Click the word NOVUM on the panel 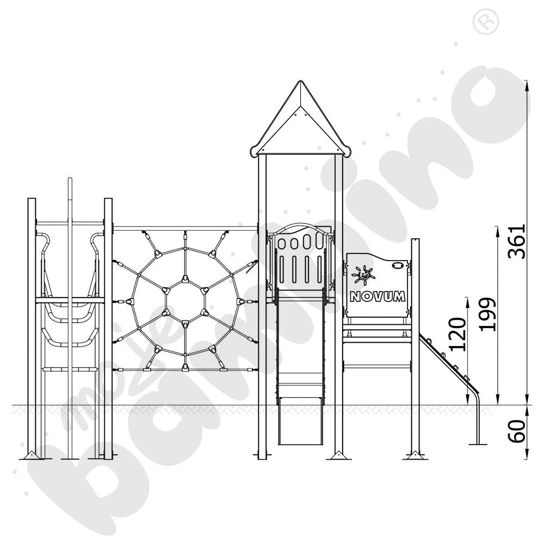pos(378,296)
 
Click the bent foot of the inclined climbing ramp pos(477,419)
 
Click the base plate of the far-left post pos(32,456)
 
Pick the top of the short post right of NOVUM pos(415,240)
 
